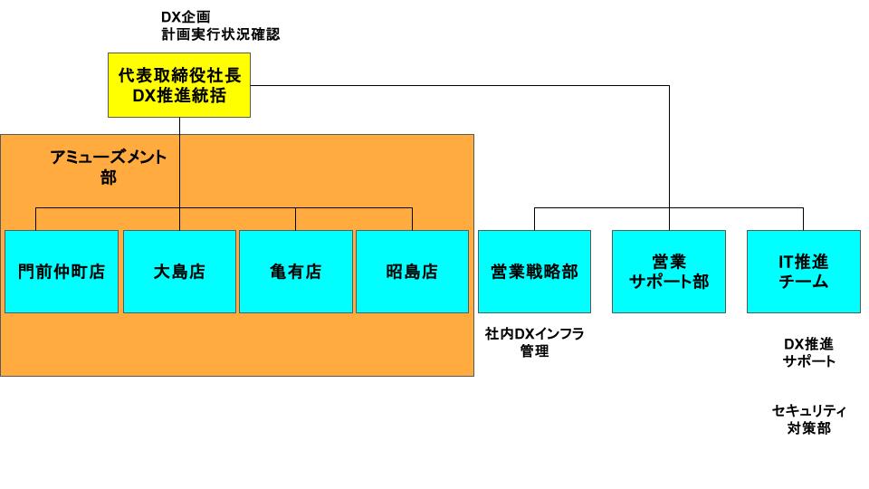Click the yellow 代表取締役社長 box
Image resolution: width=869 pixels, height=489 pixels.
[x=179, y=85]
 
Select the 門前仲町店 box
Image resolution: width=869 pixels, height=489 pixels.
[x=62, y=272]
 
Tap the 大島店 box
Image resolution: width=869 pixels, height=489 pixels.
[x=179, y=272]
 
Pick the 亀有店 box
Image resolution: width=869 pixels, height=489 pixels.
[x=296, y=272]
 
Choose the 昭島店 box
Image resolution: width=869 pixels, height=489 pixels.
[x=413, y=272]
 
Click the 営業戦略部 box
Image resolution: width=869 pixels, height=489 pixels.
[x=534, y=272]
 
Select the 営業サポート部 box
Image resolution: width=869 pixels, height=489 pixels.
[x=669, y=272]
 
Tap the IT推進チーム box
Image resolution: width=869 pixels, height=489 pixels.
[x=804, y=272]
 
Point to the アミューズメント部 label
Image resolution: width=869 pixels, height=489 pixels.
[x=109, y=168]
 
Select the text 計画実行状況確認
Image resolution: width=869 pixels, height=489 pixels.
[x=215, y=34]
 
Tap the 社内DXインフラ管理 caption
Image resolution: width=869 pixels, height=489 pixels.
[x=534, y=342]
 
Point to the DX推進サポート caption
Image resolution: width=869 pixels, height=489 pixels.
[x=808, y=352]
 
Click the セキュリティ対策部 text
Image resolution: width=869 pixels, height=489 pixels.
[x=808, y=419]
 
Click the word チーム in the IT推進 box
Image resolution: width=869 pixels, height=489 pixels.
[x=804, y=282]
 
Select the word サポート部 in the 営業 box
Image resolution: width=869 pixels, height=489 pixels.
[x=669, y=282]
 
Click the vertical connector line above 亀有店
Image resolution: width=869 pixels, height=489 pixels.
[x=296, y=219]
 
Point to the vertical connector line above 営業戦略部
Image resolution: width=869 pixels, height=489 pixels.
[x=534, y=219]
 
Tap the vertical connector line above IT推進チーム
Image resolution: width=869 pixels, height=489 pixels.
[x=804, y=219]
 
